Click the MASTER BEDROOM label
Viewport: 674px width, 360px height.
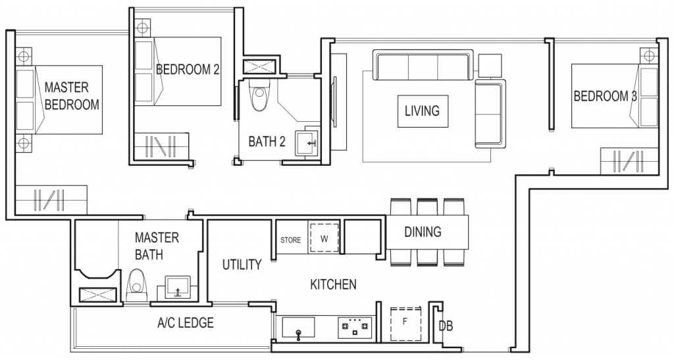pyautogui.click(x=72, y=96)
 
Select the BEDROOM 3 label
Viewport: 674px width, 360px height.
pyautogui.click(x=605, y=97)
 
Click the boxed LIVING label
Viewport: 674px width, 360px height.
pyautogui.click(x=422, y=111)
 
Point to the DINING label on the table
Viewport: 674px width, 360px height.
pyautogui.click(x=423, y=232)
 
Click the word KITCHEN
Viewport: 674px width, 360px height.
pyautogui.click(x=333, y=284)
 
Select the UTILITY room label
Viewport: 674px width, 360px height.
pyautogui.click(x=242, y=265)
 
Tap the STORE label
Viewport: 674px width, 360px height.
pyautogui.click(x=291, y=240)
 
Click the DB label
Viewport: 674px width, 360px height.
pyautogui.click(x=446, y=326)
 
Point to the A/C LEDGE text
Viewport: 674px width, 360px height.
pyautogui.click(x=185, y=323)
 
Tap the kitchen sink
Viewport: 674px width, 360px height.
pyautogui.click(x=299, y=326)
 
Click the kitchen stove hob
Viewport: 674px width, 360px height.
pyautogui.click(x=355, y=326)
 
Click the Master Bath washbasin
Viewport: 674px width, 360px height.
pyautogui.click(x=176, y=288)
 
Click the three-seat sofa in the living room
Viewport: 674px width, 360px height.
pyautogui.click(x=422, y=66)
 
